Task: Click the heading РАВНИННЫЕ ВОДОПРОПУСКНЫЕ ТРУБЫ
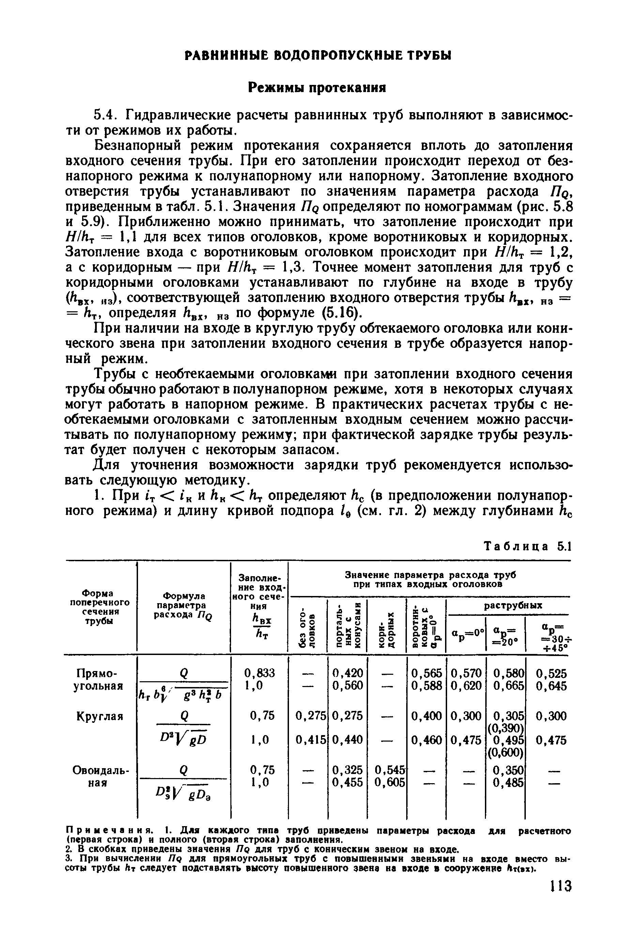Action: tap(318, 55)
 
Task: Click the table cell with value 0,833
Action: tap(259, 673)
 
